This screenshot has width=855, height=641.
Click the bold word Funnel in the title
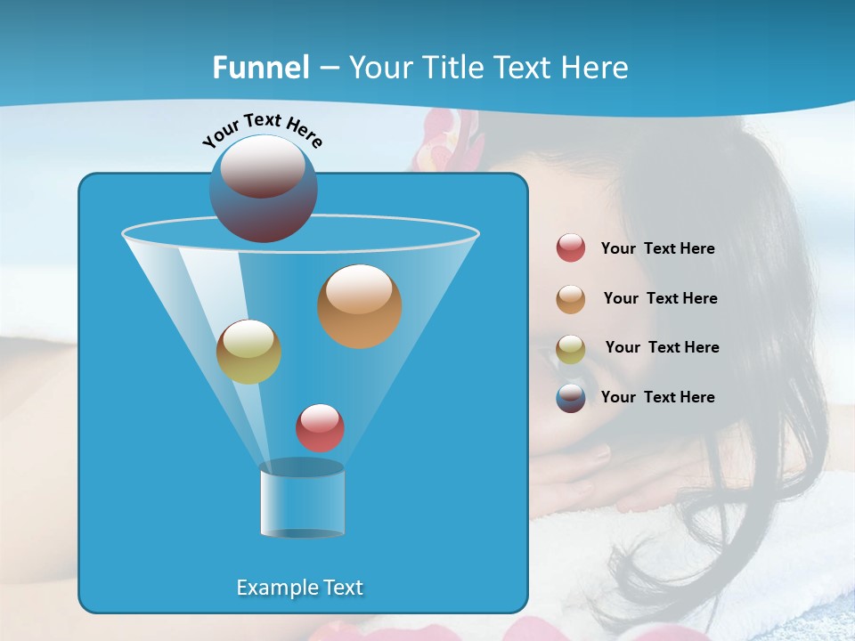click(261, 68)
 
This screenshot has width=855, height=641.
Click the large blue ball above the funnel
click(264, 188)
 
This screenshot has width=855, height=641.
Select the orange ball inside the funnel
click(360, 306)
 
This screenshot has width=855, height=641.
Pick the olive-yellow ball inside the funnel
click(248, 352)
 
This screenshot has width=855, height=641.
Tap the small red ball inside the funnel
click(320, 428)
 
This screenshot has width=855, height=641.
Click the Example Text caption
click(299, 588)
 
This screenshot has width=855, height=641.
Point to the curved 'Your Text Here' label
click(262, 129)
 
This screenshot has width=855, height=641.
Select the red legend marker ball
click(571, 248)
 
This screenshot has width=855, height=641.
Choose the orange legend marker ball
click(571, 299)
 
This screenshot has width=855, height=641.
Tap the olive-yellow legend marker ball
click(571, 349)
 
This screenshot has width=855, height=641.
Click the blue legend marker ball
click(571, 398)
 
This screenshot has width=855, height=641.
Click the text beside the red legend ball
click(657, 249)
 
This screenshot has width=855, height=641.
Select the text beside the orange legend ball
click(660, 299)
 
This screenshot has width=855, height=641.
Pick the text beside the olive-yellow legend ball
click(662, 348)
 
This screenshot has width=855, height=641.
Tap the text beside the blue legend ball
click(657, 397)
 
